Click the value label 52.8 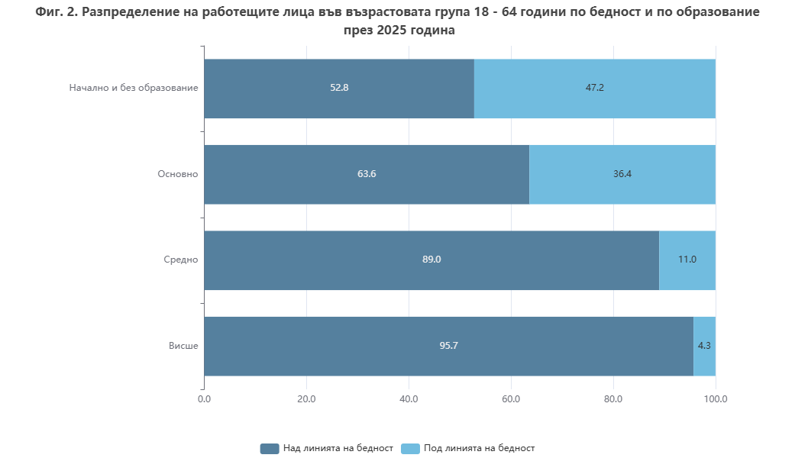(x=339, y=88)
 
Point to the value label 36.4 (x=622, y=174)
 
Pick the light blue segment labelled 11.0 (x=687, y=260)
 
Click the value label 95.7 (x=448, y=346)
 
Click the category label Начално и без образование (x=134, y=88)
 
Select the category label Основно (x=178, y=174)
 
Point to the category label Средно (x=181, y=260)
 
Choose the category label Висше (x=183, y=346)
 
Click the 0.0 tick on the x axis (x=204, y=398)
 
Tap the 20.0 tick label (x=306, y=398)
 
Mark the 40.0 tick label (x=409, y=398)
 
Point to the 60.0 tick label (x=511, y=398)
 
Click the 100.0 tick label (x=716, y=398)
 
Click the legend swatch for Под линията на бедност (x=410, y=448)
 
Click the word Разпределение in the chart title (x=126, y=13)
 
